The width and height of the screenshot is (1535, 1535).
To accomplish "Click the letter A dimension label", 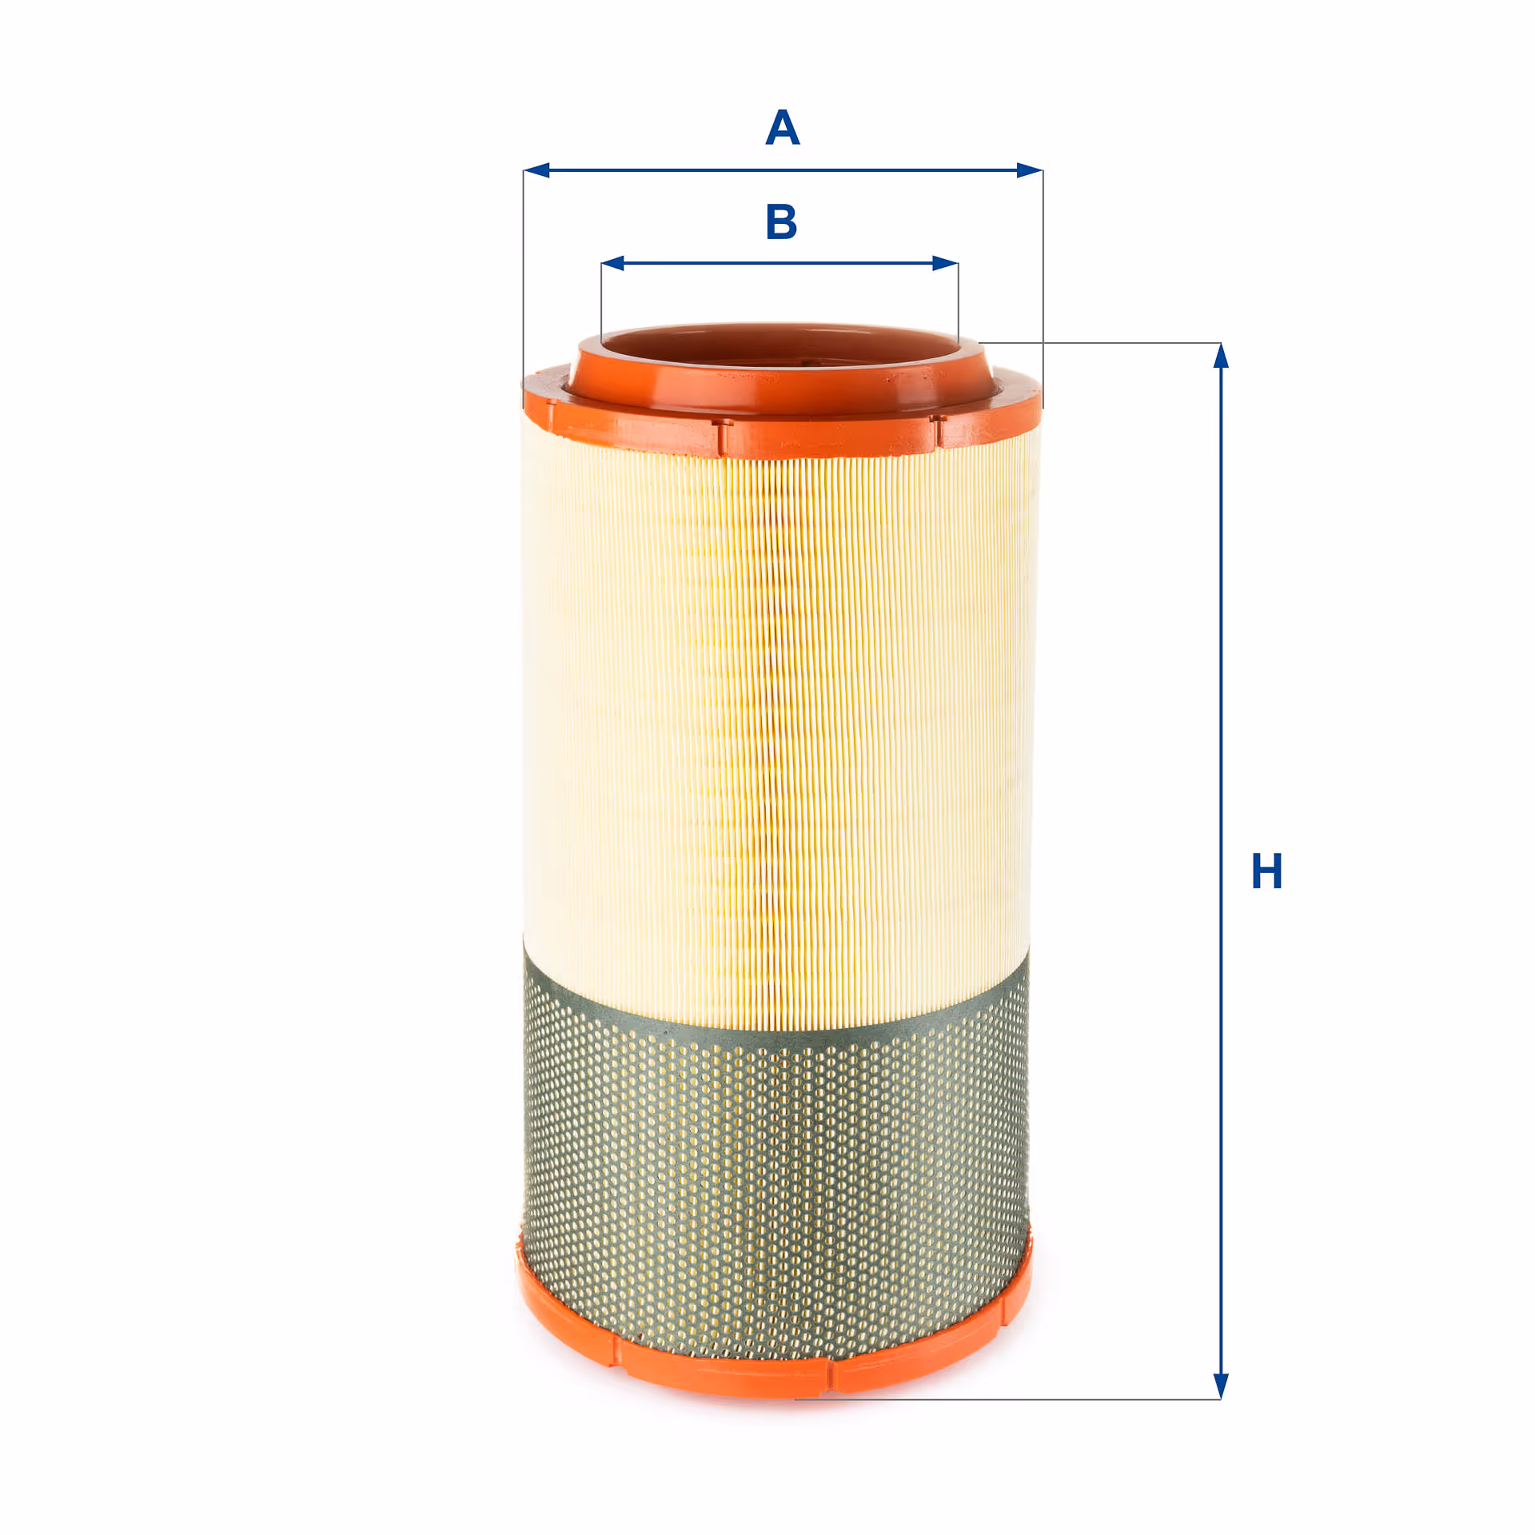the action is pos(783,128).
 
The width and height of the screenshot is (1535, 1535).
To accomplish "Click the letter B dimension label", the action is pos(781,221).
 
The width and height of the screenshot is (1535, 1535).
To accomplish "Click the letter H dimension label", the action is pos(1266,871).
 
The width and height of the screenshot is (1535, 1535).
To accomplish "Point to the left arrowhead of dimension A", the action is pos(536,170).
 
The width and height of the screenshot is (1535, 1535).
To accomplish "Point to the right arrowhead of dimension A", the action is pos(1030,170).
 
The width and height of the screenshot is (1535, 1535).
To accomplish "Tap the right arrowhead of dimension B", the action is pos(946,263).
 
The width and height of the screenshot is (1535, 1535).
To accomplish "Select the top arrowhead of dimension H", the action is pos(1221,356).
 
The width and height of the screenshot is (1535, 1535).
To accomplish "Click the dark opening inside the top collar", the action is pos(779,352).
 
